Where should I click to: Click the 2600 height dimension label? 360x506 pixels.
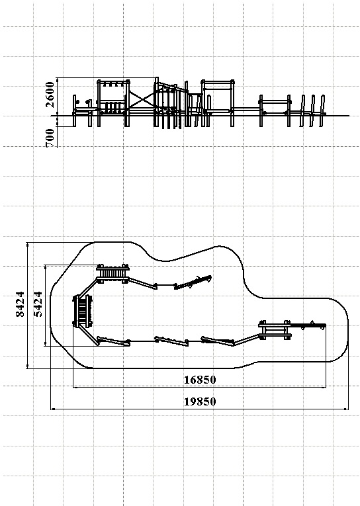tap(50, 94)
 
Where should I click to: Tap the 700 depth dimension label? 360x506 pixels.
tap(50, 138)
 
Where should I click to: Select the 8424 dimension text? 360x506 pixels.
tap(20, 304)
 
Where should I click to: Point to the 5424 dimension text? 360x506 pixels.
tap(38, 304)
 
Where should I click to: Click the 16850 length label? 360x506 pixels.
tap(200, 380)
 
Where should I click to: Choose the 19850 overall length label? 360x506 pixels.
tap(200, 401)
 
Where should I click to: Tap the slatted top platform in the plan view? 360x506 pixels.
tap(112, 274)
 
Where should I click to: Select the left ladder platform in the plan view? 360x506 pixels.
tap(83, 311)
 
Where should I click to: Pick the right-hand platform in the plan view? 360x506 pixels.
tap(275, 330)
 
